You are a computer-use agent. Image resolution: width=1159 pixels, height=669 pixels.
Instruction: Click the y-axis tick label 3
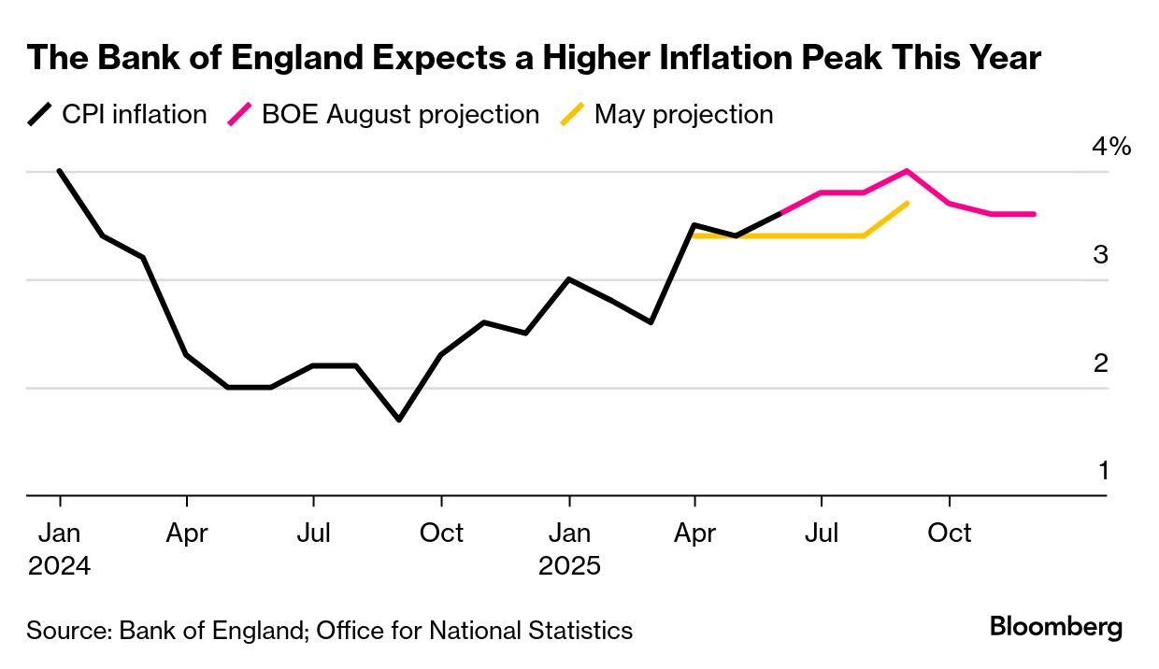coord(1100,254)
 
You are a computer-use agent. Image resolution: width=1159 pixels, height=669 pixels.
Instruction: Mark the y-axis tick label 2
coord(1100,363)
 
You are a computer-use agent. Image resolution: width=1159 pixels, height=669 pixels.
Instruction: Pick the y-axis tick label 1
coord(1102,470)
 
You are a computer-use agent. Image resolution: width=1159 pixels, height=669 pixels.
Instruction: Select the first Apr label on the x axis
coord(187,533)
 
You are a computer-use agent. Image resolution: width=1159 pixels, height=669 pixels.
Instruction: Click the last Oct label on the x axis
coord(950,533)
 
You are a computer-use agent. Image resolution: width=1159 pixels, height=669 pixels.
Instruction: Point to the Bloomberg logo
coord(1055,627)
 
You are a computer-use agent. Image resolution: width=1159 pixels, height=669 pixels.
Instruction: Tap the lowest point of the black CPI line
coord(399,420)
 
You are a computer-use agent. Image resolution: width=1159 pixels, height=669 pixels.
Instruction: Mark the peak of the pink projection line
coord(907,171)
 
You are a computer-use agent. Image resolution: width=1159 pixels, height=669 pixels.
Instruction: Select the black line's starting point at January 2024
coord(59,171)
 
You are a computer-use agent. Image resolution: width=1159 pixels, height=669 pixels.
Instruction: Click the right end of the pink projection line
coord(1034,214)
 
